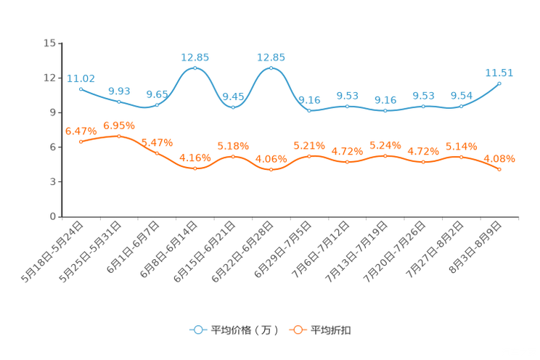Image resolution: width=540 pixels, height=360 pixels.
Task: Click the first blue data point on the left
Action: click(81, 88)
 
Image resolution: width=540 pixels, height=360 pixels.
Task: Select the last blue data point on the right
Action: click(499, 83)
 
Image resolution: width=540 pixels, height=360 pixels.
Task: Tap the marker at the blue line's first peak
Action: click(195, 68)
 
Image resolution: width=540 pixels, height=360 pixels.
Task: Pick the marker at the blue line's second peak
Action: click(271, 68)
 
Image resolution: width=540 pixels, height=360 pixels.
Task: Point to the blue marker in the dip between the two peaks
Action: click(233, 107)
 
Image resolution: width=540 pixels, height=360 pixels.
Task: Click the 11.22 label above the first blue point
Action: click(81, 78)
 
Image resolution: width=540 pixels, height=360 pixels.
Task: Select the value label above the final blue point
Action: click(499, 73)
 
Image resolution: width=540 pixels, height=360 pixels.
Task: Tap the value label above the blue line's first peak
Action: click(195, 57)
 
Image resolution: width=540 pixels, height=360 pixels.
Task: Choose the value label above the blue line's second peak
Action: click(271, 57)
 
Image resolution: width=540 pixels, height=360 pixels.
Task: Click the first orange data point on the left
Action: click(81, 142)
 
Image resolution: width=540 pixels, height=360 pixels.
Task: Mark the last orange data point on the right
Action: click(499, 169)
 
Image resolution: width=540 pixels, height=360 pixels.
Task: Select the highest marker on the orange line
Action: click(118, 136)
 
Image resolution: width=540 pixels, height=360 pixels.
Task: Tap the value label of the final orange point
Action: click(499, 158)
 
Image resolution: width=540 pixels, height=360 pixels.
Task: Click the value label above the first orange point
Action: click(79, 131)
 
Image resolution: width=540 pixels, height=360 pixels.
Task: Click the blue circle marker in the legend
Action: click(197, 330)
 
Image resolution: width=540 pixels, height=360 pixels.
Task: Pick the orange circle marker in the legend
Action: click(298, 330)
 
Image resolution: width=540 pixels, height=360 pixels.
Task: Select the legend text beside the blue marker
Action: click(242, 330)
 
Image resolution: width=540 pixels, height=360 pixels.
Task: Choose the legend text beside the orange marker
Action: click(332, 330)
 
